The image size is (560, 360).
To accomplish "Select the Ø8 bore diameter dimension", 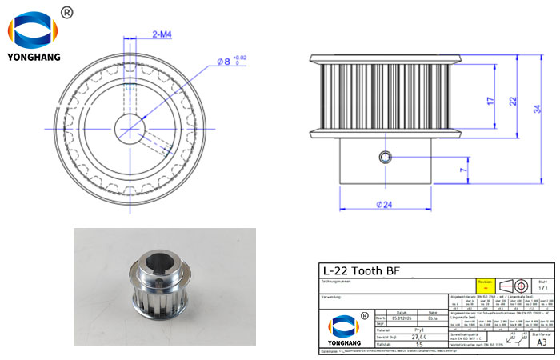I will click(x=226, y=61).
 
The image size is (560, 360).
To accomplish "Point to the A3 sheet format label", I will click(x=542, y=341).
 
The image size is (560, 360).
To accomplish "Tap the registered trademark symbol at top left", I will click(x=67, y=12).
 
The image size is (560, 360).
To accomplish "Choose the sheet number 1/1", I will click(x=542, y=287).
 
